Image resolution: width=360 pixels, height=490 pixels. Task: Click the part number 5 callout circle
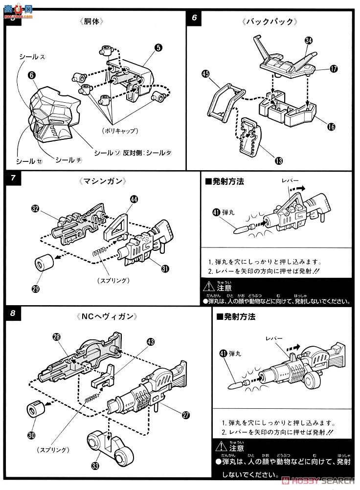[x=158, y=47]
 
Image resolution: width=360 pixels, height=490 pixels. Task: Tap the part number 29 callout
[x=35, y=289]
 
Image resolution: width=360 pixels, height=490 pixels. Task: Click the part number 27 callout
[x=185, y=415]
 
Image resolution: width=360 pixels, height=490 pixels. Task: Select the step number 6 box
[x=195, y=19]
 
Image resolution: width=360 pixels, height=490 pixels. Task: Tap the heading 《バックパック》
[x=270, y=22]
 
